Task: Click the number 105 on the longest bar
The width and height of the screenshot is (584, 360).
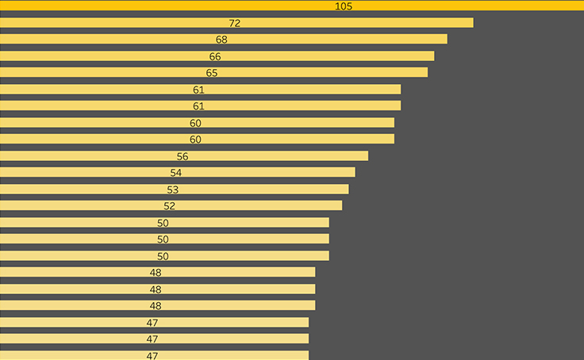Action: point(344,6)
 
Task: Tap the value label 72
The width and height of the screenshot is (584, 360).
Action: point(234,23)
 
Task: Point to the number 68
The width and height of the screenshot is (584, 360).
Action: point(221,40)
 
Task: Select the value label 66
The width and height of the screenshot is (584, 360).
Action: point(215,56)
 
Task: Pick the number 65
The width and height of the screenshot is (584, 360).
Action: point(212,73)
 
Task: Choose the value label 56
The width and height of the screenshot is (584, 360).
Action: point(182,156)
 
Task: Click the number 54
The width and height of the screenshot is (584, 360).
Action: point(176,173)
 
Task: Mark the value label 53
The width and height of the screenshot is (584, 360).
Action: point(173,190)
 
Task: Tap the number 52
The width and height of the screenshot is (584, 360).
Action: point(169,206)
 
